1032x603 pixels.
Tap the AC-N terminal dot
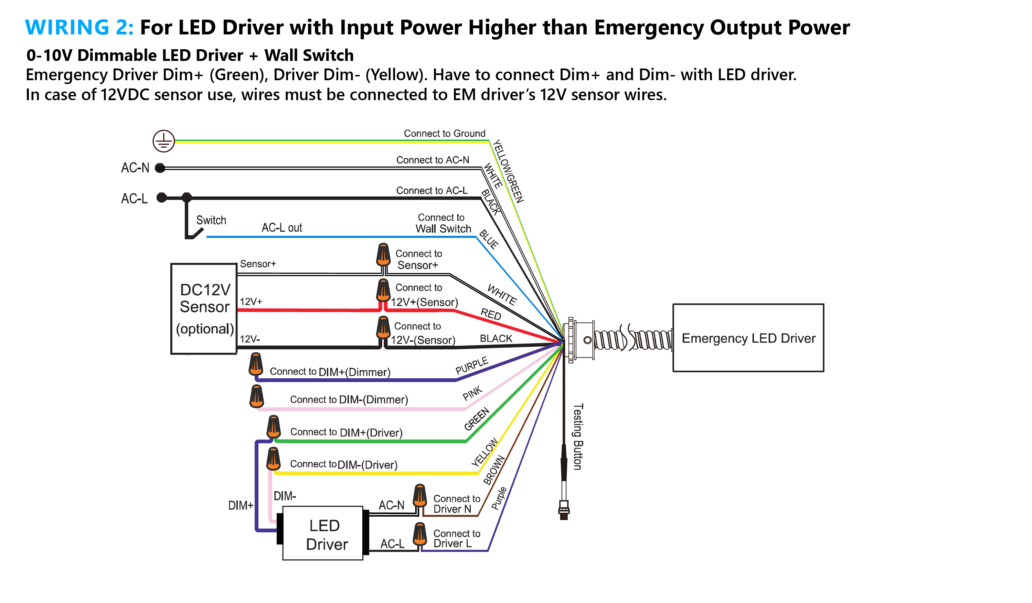(x=160, y=168)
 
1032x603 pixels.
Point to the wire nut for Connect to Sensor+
(x=383, y=254)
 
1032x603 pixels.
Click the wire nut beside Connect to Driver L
(x=420, y=534)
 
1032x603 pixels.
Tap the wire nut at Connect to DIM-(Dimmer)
(x=257, y=396)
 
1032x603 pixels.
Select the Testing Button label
(x=577, y=437)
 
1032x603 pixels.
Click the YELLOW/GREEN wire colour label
(x=508, y=171)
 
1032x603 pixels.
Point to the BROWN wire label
(x=494, y=470)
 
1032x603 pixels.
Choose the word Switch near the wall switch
(x=211, y=220)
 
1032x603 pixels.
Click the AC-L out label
(x=282, y=228)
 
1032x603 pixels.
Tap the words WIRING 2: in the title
(x=79, y=28)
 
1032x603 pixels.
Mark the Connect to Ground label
(x=445, y=134)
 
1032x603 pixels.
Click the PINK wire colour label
(x=472, y=393)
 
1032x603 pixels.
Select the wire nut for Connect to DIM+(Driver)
(x=274, y=427)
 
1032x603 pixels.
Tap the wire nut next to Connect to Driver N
(x=420, y=496)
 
